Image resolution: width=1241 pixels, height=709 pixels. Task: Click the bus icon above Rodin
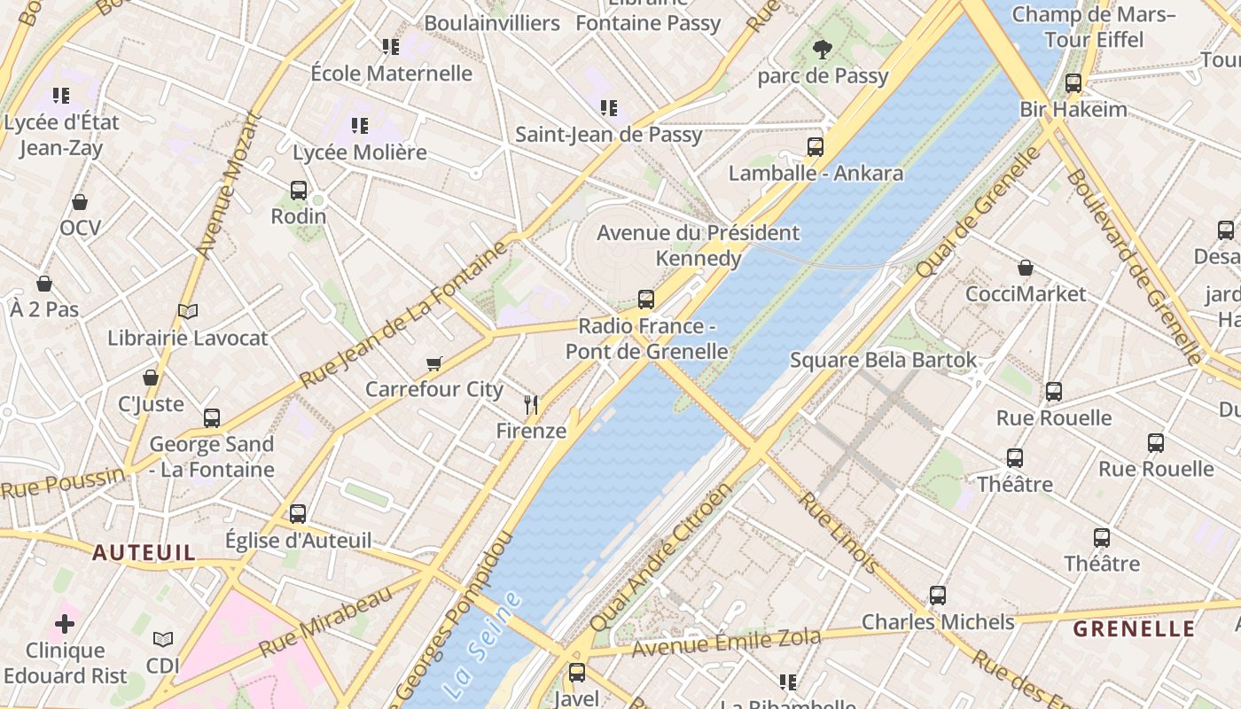(x=299, y=190)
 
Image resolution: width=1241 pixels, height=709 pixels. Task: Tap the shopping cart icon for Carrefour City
(x=433, y=363)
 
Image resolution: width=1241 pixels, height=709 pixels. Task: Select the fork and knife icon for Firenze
(x=531, y=405)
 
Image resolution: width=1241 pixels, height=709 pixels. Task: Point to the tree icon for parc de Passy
(x=823, y=50)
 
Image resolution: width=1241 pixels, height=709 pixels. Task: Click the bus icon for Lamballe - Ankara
(x=816, y=147)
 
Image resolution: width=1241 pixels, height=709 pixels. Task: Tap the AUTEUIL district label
(x=144, y=553)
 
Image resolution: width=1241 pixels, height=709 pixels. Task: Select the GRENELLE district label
(x=1134, y=629)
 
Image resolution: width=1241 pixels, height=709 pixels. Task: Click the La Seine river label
(x=482, y=644)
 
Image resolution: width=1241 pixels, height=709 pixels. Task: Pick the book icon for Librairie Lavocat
(x=187, y=311)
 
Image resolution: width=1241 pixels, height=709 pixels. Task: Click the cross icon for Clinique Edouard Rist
(x=65, y=624)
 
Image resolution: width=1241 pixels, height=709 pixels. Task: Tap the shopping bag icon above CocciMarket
(x=1026, y=268)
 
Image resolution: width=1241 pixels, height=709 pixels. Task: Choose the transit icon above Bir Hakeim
(x=1073, y=83)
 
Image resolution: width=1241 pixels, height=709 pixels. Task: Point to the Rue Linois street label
(x=839, y=533)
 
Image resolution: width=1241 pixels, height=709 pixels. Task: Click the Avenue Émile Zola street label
(x=726, y=643)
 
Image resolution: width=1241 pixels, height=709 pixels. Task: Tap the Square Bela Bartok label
(x=883, y=360)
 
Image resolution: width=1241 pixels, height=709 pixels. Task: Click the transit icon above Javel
(x=577, y=673)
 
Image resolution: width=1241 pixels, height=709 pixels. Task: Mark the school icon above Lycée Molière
(x=359, y=126)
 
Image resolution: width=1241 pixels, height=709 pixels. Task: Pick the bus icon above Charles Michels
(x=938, y=596)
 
